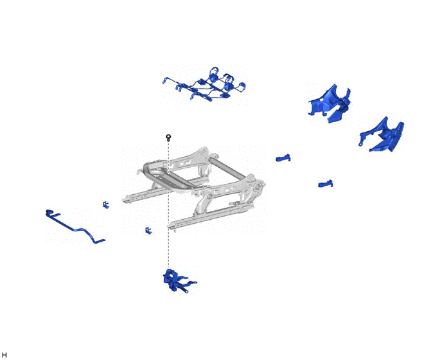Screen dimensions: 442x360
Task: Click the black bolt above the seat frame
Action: (x=168, y=138)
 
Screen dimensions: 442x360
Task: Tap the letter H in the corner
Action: (x=4, y=355)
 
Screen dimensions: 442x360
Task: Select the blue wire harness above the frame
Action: (x=204, y=84)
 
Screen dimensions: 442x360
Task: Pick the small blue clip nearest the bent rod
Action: (x=106, y=205)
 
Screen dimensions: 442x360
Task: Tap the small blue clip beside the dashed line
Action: (x=148, y=231)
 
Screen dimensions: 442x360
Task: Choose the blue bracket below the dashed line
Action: (x=177, y=281)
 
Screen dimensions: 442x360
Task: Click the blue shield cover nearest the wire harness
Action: (x=330, y=104)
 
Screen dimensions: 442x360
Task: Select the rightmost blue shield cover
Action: (x=382, y=135)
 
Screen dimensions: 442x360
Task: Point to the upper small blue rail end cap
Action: (x=283, y=158)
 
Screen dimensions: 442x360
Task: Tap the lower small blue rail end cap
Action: (x=326, y=184)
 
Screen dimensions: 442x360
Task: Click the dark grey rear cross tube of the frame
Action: (x=227, y=168)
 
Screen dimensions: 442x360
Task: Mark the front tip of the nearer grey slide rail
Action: (x=169, y=226)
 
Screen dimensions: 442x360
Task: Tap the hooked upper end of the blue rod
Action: (x=49, y=211)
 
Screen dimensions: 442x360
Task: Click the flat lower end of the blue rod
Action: (x=100, y=241)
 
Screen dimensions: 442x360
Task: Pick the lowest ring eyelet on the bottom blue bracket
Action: (x=186, y=291)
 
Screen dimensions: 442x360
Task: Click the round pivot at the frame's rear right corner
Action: (x=257, y=186)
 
